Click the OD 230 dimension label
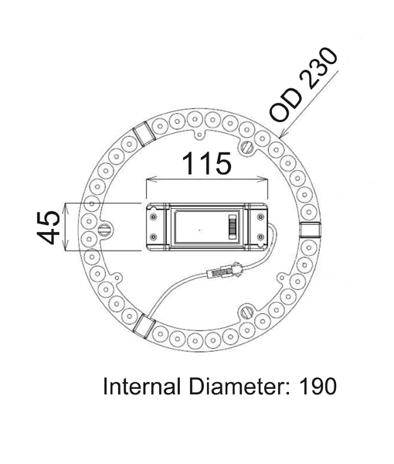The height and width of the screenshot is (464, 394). click(x=304, y=85)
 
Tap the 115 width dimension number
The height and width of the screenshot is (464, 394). click(x=206, y=163)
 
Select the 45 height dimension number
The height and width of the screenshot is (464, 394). click(x=48, y=227)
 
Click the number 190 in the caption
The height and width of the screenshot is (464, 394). click(x=318, y=386)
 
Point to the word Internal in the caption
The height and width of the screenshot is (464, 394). click(x=141, y=386)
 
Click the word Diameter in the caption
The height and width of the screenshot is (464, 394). click(x=239, y=386)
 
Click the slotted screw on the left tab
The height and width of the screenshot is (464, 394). click(x=104, y=230)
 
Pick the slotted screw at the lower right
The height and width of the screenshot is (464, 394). click(x=246, y=312)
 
